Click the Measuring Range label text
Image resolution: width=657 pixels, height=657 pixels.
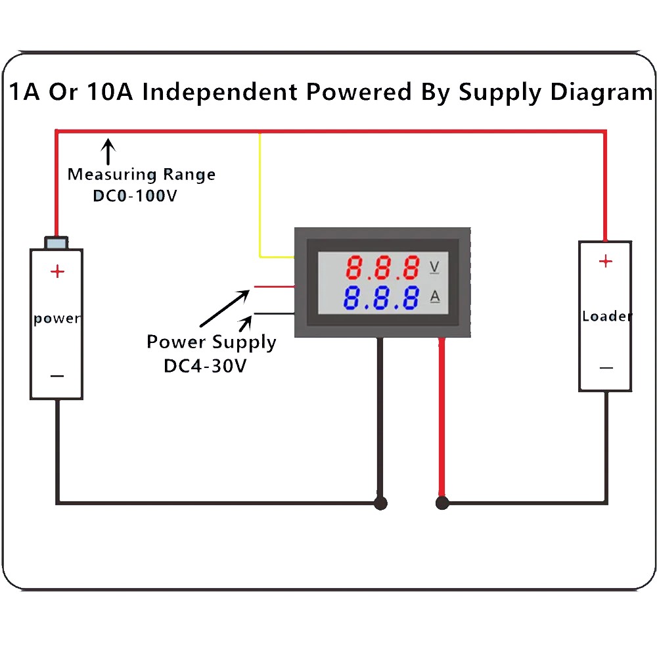(141, 175)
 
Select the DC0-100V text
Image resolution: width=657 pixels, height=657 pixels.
(135, 196)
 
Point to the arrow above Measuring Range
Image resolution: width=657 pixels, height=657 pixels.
(108, 150)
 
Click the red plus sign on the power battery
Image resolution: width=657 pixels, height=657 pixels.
(58, 271)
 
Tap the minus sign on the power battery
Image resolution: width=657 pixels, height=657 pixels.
(57, 376)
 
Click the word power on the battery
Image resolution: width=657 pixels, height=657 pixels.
(57, 319)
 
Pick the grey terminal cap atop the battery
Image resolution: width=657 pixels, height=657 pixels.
(56, 242)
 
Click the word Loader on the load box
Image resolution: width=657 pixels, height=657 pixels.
(606, 316)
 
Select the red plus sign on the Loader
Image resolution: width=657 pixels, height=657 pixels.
(605, 261)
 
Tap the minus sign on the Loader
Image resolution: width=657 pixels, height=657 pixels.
(606, 368)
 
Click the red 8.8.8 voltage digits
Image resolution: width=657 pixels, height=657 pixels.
(383, 267)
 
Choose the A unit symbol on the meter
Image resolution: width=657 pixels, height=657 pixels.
(434, 297)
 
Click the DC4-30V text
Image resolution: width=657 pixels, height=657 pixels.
(205, 365)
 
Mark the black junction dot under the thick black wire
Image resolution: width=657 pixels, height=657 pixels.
(380, 503)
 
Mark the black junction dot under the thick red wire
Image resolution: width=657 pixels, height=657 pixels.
(442, 503)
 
